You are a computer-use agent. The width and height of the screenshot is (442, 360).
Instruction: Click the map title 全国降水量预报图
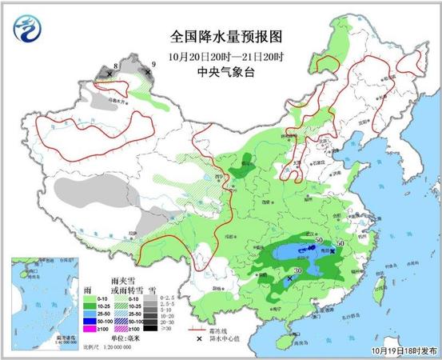227,37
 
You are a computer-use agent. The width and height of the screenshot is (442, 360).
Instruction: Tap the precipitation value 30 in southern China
298,271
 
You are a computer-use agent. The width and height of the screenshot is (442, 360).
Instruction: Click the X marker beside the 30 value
289,279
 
